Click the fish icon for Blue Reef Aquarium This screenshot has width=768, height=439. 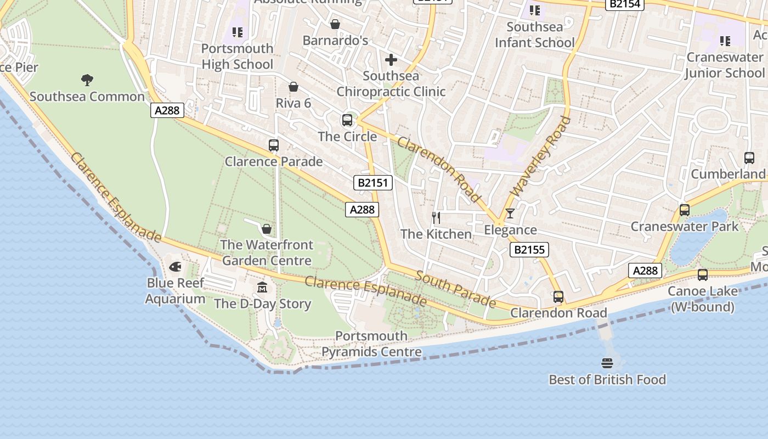(x=176, y=267)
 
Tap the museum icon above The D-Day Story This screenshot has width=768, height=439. (x=262, y=287)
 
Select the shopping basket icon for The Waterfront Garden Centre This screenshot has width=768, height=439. (x=267, y=228)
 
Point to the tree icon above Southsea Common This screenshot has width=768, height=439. (x=87, y=80)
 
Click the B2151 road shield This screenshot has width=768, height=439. (x=373, y=183)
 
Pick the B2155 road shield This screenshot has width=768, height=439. (x=529, y=250)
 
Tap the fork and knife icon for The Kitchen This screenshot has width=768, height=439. (x=436, y=218)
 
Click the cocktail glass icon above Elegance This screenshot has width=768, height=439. (x=510, y=213)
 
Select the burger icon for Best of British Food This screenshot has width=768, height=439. (x=607, y=363)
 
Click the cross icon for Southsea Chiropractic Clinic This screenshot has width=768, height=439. (x=391, y=59)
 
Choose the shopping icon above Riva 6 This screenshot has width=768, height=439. (x=293, y=87)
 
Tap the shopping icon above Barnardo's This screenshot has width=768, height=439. (x=335, y=24)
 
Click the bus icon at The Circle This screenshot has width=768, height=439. (x=347, y=120)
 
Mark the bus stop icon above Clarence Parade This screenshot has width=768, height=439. (x=274, y=145)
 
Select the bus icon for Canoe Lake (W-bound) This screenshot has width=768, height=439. (x=703, y=275)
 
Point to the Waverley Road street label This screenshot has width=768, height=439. (x=541, y=156)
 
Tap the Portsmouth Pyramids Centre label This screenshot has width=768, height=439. (x=371, y=344)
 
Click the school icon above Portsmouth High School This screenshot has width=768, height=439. (x=237, y=32)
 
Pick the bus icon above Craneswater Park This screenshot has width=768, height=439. (x=685, y=210)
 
